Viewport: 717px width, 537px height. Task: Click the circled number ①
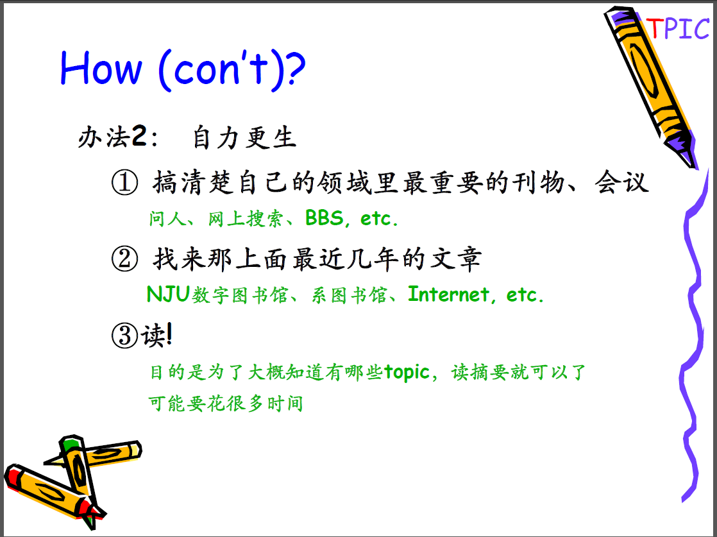coord(124,182)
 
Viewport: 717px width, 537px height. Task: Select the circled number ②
coord(124,259)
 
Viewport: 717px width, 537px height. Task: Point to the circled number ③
coord(124,336)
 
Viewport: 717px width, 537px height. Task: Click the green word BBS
coord(325,218)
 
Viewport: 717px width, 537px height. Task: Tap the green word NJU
coord(168,294)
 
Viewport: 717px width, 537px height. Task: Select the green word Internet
coord(448,294)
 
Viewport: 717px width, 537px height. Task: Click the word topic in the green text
coord(407,372)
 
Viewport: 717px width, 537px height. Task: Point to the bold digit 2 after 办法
coord(139,135)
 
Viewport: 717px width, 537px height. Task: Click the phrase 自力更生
coord(244,137)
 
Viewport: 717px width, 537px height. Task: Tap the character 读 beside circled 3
coord(153,336)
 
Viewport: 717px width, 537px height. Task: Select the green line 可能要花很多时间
coord(226,404)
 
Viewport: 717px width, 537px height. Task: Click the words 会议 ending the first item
coord(621,182)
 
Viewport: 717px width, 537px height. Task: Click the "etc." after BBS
coord(379,218)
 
